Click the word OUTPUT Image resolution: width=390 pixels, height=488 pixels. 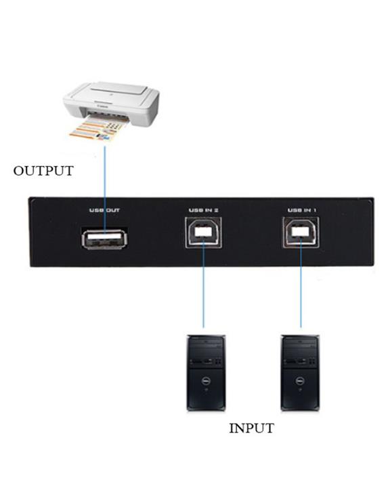pos(43,171)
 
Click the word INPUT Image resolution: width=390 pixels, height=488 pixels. pos(251,428)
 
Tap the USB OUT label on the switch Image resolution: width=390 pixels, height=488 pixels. pos(104,210)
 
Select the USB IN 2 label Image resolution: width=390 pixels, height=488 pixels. pos(203,210)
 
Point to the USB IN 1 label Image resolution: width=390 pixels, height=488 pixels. pos(302,210)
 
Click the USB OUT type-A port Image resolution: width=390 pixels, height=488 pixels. pos(105,239)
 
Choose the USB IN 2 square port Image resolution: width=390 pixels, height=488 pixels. pos(203,232)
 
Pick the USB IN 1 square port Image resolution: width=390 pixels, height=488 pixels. pos(301,232)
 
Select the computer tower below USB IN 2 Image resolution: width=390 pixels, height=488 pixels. pos(206,373)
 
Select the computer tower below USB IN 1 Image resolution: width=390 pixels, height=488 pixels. pos(300,373)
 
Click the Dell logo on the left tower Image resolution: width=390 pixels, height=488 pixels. pos(205,380)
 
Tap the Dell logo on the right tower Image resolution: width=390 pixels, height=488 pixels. pos(299,380)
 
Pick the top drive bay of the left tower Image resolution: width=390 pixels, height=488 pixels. pos(206,343)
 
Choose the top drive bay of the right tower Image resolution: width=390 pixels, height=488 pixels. pos(300,343)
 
